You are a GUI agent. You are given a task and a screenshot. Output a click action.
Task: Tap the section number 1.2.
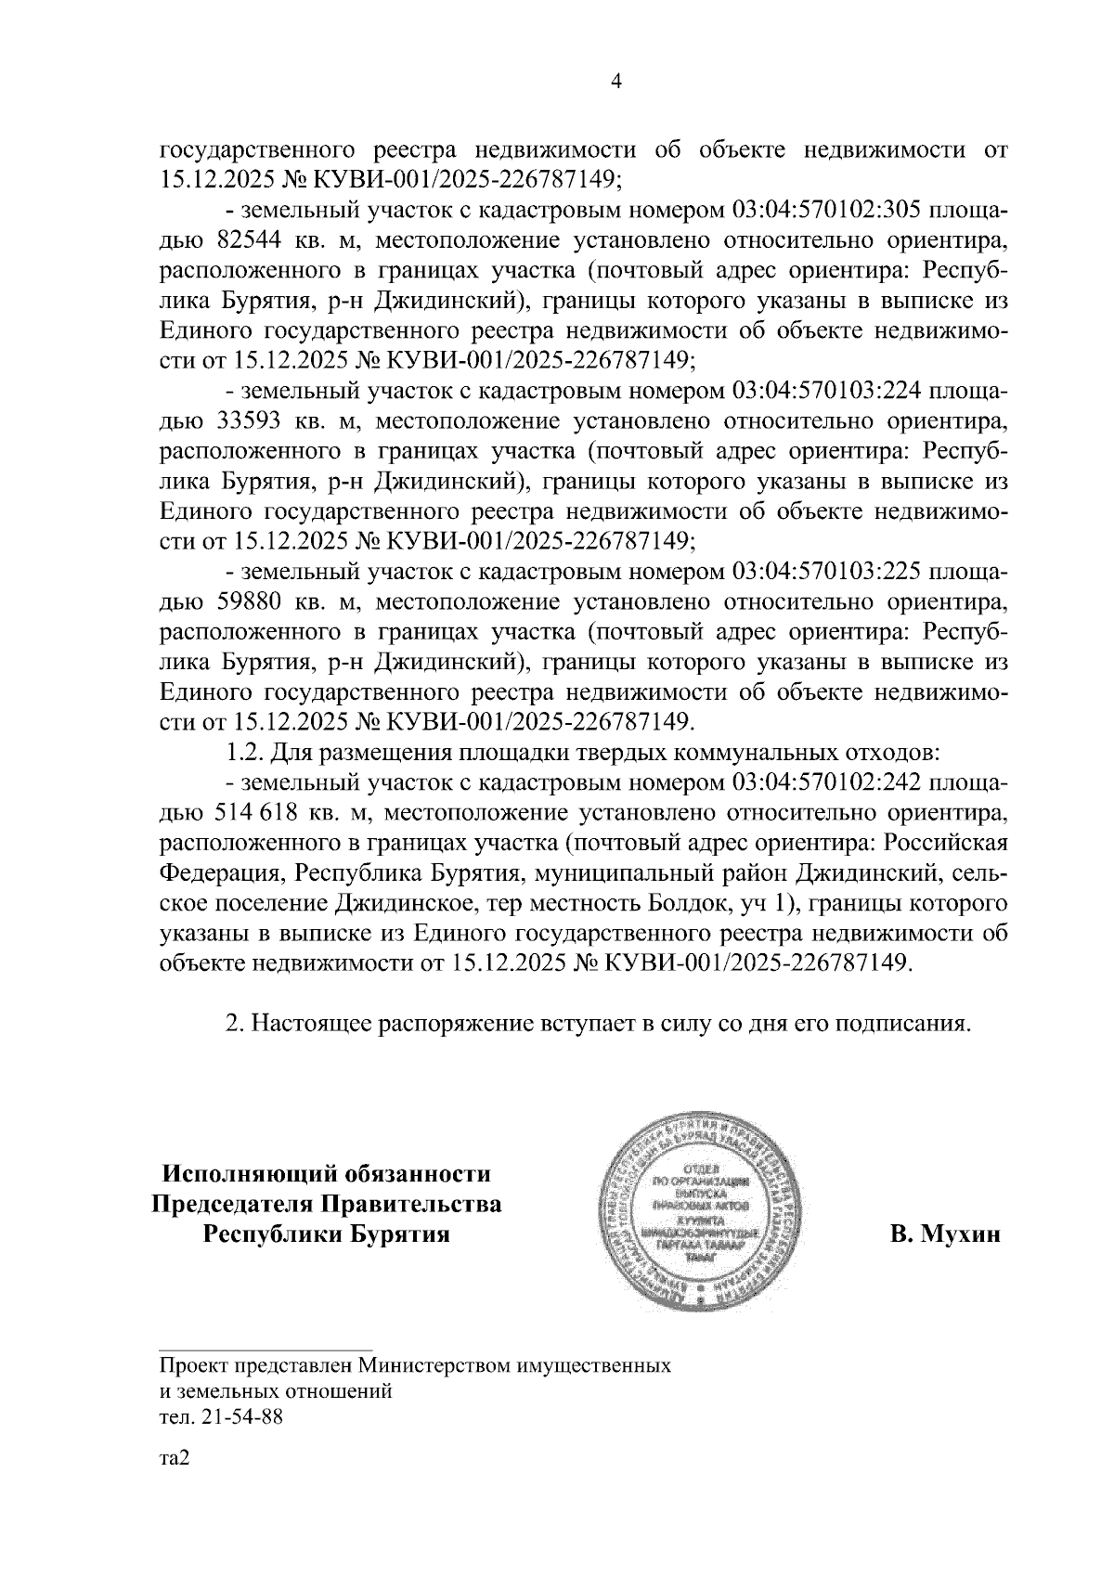pos(245,753)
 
